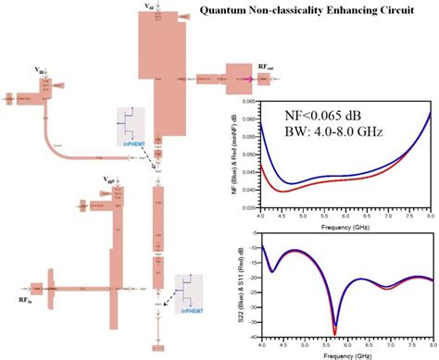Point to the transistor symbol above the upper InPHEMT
[132, 121]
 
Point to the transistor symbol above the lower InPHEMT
[189, 290]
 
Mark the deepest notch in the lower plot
[334, 330]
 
